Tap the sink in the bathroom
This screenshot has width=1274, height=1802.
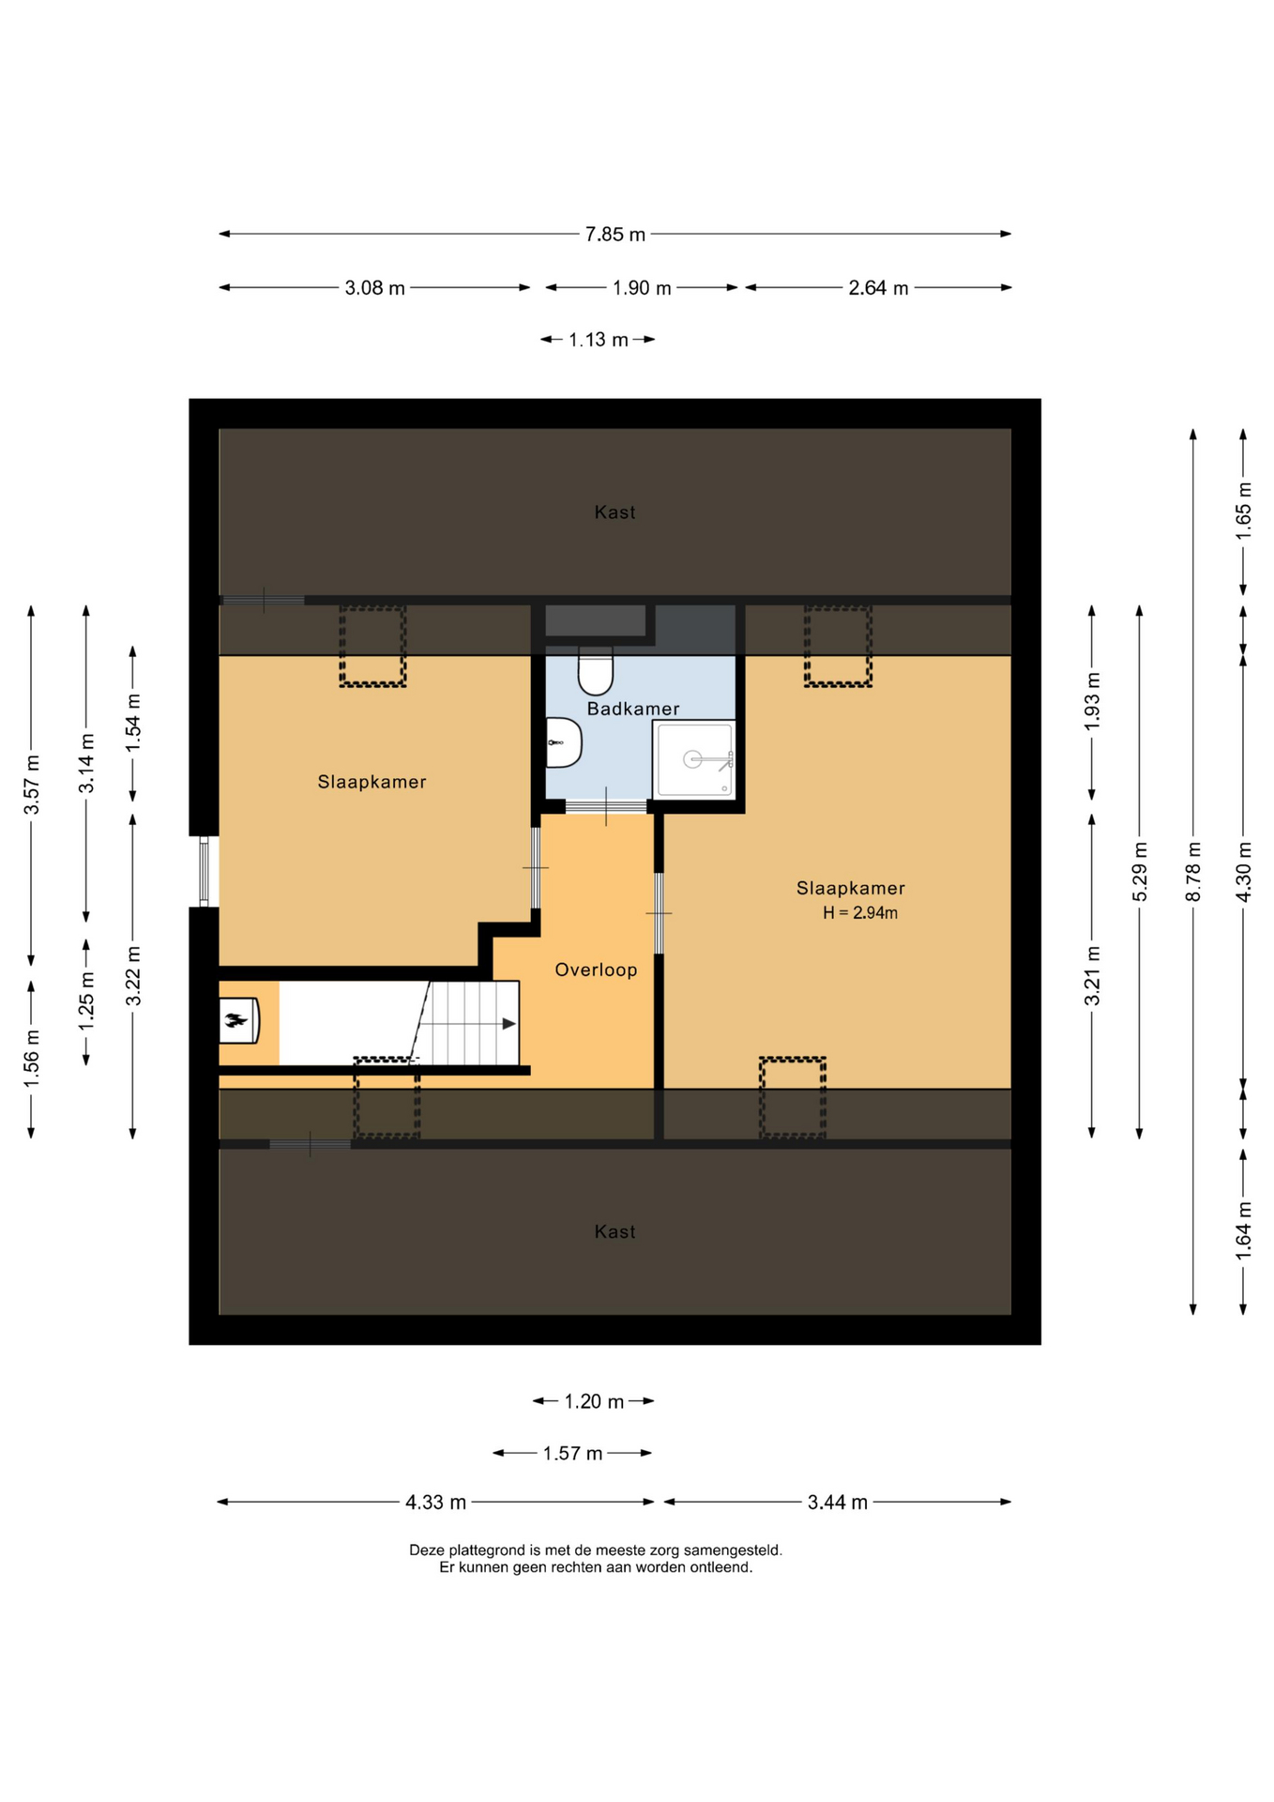click(x=564, y=742)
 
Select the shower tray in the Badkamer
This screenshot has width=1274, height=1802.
click(x=693, y=758)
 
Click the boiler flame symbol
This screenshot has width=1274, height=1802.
click(x=235, y=1020)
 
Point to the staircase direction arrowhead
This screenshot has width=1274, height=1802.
click(x=509, y=1023)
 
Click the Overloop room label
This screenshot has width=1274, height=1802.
click(x=596, y=970)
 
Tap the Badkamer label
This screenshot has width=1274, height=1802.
click(x=633, y=709)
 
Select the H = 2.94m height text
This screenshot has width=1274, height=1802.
click(x=860, y=912)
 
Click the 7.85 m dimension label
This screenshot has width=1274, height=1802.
click(x=615, y=235)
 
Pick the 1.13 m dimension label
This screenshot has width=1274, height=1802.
click(x=599, y=340)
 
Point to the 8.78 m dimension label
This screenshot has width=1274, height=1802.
click(x=1193, y=872)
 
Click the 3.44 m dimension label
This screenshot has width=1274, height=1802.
click(x=838, y=1502)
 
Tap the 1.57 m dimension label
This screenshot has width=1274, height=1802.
click(x=572, y=1453)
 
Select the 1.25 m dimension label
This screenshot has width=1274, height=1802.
click(x=86, y=1000)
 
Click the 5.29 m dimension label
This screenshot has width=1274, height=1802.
click(x=1140, y=872)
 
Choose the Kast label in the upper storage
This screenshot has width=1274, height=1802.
click(x=614, y=512)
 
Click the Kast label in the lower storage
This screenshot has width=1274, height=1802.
click(x=614, y=1231)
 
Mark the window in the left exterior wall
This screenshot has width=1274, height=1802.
click(x=205, y=872)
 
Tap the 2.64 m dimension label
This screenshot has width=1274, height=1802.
click(x=878, y=288)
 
